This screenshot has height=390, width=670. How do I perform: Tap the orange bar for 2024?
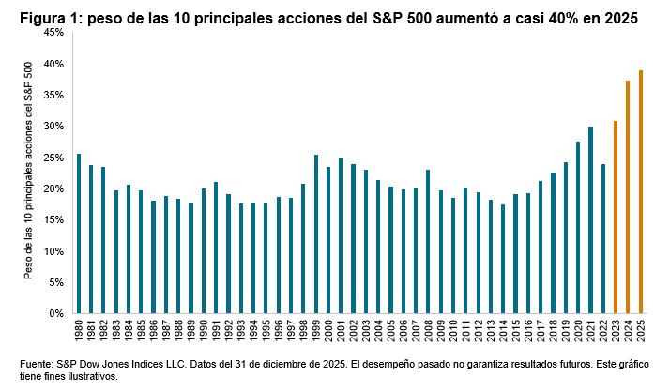coord(628,197)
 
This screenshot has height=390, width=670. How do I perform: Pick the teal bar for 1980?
coord(79,233)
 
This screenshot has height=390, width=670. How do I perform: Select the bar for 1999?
coord(316,233)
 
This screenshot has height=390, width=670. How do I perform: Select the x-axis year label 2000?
coord(328,331)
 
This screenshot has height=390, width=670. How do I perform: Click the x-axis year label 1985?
coord(141,331)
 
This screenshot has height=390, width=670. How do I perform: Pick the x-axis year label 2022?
coord(603,331)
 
